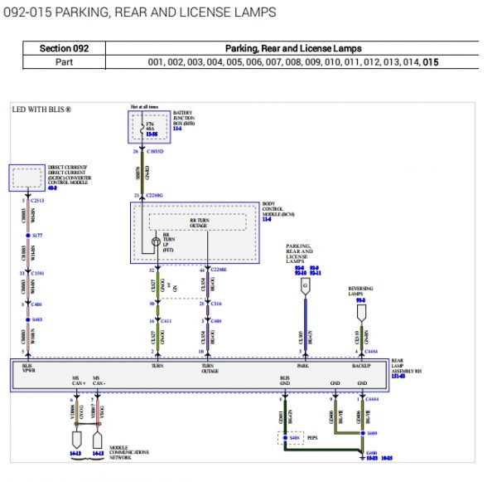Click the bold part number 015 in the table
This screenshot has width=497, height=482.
click(430, 62)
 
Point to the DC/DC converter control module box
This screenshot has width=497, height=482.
click(27, 177)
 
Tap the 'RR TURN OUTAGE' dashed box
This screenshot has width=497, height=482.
click(198, 222)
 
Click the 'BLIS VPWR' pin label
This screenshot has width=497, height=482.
click(27, 368)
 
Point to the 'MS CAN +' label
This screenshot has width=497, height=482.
click(79, 381)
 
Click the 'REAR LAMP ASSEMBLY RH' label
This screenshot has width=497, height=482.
click(408, 366)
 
